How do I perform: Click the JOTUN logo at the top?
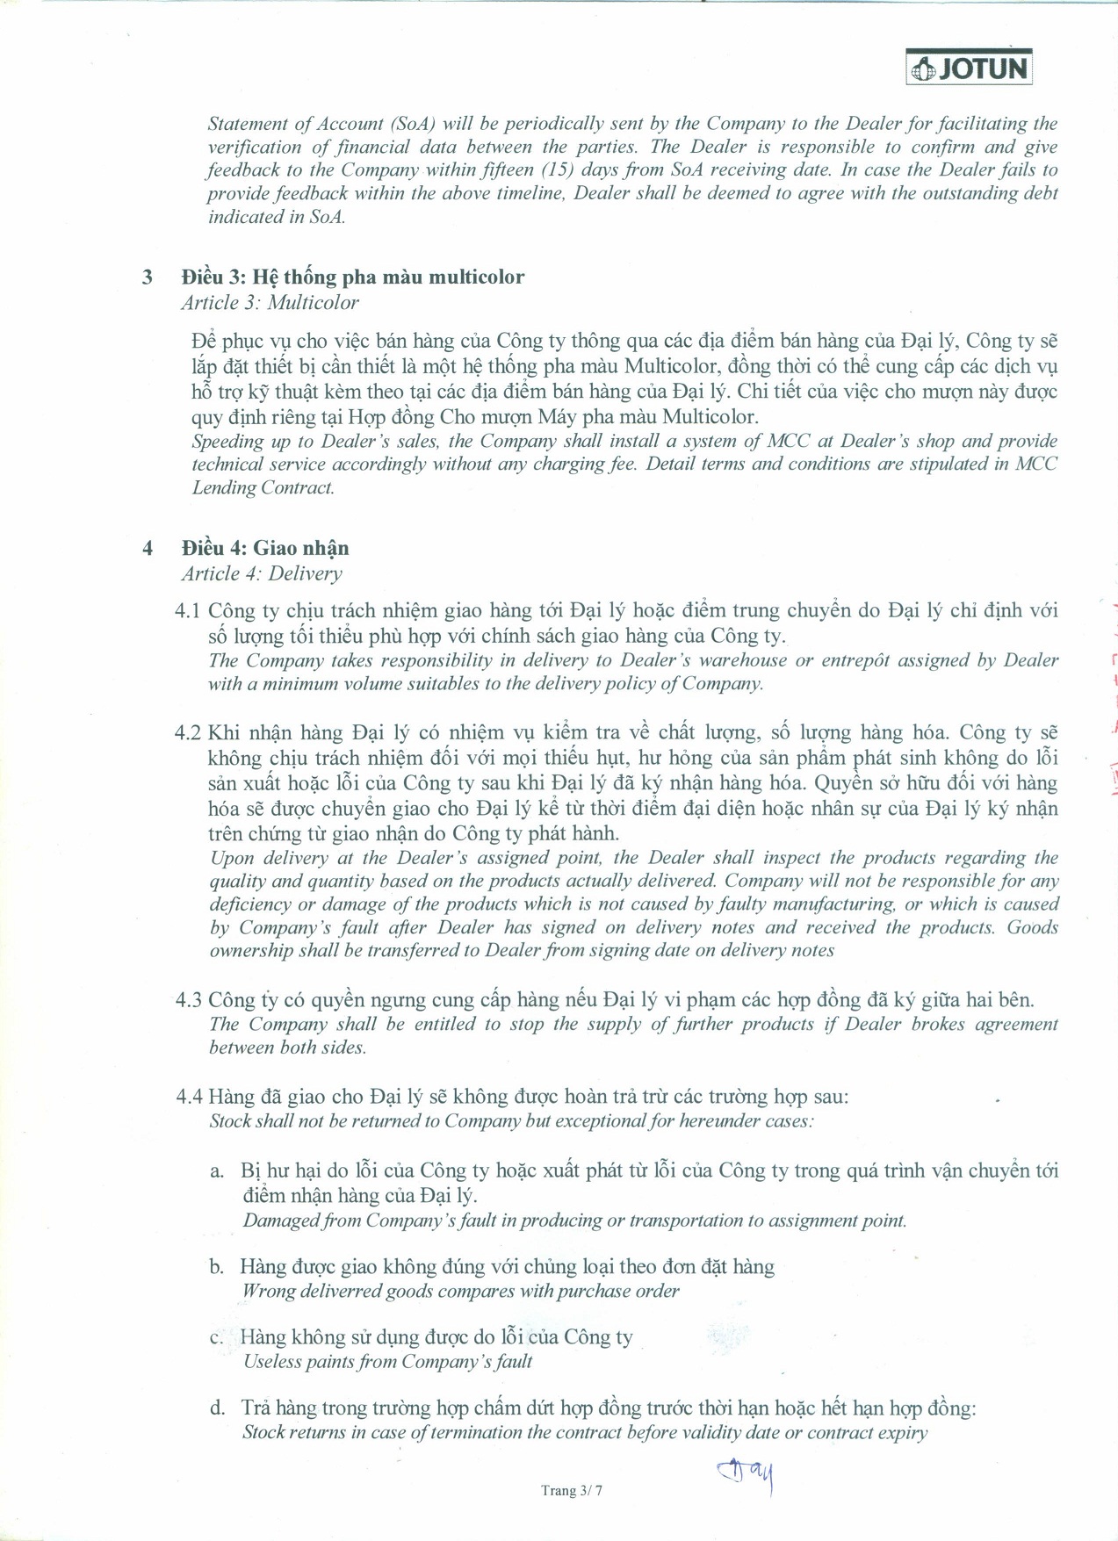tap(969, 68)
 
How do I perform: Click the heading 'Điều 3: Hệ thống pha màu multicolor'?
tap(352, 277)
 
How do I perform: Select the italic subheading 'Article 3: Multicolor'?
tap(270, 303)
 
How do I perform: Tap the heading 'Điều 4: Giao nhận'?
tap(264, 549)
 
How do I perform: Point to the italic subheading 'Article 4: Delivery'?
tap(261, 574)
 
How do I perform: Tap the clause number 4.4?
tap(189, 1097)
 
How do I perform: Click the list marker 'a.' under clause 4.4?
tap(217, 1171)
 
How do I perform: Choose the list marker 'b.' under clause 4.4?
tap(217, 1267)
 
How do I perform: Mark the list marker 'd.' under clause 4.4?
tap(217, 1408)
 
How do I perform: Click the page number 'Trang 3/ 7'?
tap(572, 1490)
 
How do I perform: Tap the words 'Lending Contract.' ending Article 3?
tap(263, 488)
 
